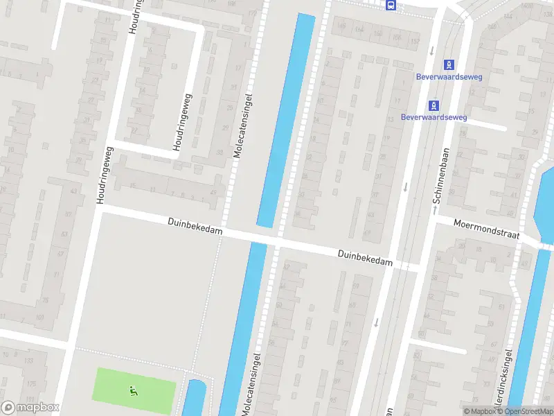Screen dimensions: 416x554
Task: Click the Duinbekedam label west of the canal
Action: coord(195,226)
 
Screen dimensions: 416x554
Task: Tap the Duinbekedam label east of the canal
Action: coord(365,259)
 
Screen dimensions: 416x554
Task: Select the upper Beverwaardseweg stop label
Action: coord(449,77)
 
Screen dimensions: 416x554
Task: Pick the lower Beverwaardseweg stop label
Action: coord(434,117)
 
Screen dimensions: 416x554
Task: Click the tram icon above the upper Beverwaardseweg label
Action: coord(449,65)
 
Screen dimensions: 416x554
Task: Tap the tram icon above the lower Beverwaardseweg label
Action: coord(434,105)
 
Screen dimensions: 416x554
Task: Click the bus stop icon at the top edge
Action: coord(391,6)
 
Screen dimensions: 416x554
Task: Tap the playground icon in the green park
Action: coord(133,391)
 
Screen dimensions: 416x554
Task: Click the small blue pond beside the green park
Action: coord(194,399)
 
